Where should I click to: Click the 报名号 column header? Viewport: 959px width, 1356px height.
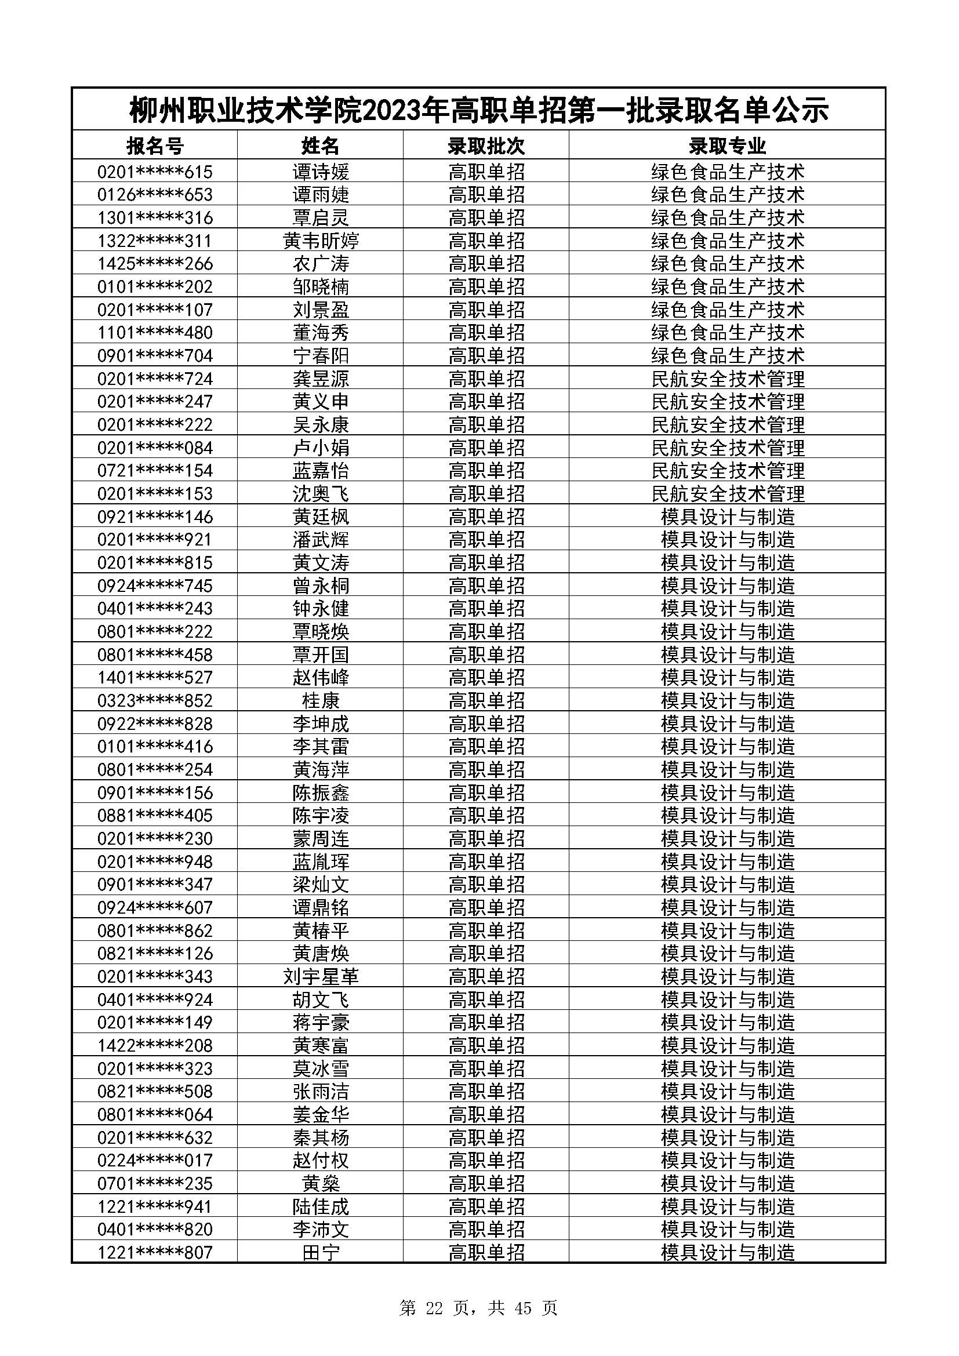point(155,146)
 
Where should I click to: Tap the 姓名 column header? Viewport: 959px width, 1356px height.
point(320,146)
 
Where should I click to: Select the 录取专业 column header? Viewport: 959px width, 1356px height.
point(727,146)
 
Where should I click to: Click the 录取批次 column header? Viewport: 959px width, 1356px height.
point(486,146)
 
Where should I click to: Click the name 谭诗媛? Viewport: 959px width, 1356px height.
point(321,172)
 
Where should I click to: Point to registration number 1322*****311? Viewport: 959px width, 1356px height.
point(155,241)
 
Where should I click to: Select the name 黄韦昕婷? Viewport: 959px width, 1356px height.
point(321,241)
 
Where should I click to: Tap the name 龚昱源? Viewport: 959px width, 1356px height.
point(321,379)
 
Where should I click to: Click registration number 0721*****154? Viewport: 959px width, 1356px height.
point(155,471)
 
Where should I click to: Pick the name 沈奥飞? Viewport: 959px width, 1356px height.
point(321,494)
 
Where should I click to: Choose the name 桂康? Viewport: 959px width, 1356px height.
point(321,701)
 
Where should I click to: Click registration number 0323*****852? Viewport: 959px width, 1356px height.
point(155,701)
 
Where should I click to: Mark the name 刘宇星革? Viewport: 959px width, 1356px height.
point(321,977)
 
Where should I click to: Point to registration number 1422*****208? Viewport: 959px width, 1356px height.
point(155,1046)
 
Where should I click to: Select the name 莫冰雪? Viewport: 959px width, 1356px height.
point(321,1069)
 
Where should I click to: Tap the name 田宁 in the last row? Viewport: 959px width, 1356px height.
point(321,1253)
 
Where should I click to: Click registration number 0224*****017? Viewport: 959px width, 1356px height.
point(155,1161)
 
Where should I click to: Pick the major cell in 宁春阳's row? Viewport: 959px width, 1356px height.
point(727,355)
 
